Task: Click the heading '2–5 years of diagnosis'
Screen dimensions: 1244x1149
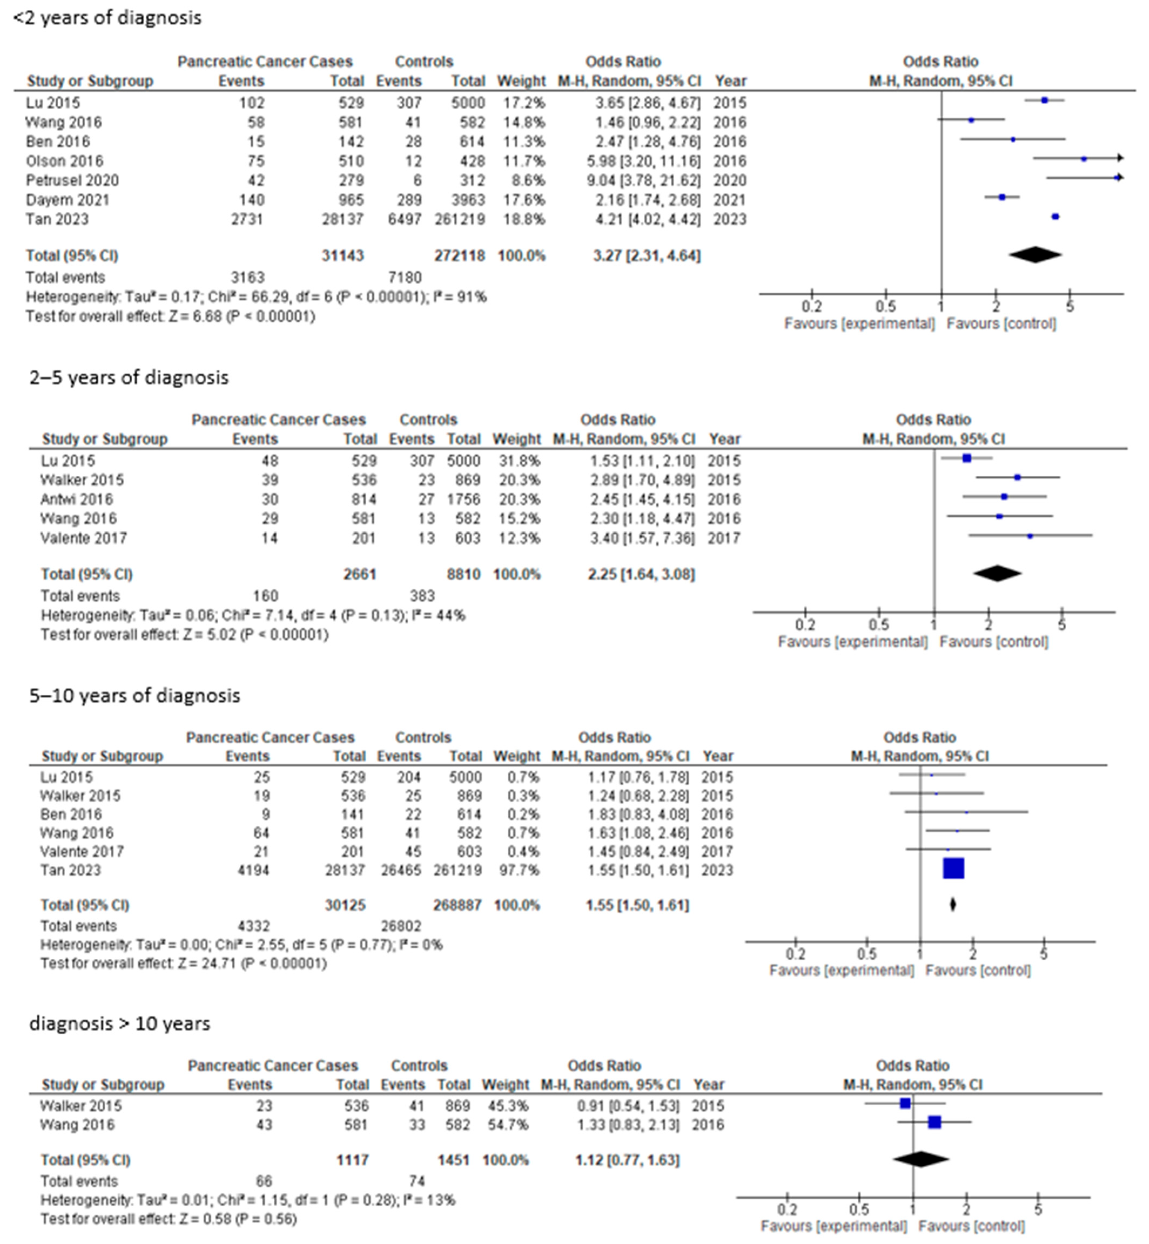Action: (129, 377)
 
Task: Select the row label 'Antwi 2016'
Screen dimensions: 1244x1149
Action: (76, 499)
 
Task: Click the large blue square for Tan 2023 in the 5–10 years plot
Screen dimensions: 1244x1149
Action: (953, 868)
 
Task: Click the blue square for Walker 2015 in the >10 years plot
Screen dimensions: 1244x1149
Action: (905, 1103)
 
